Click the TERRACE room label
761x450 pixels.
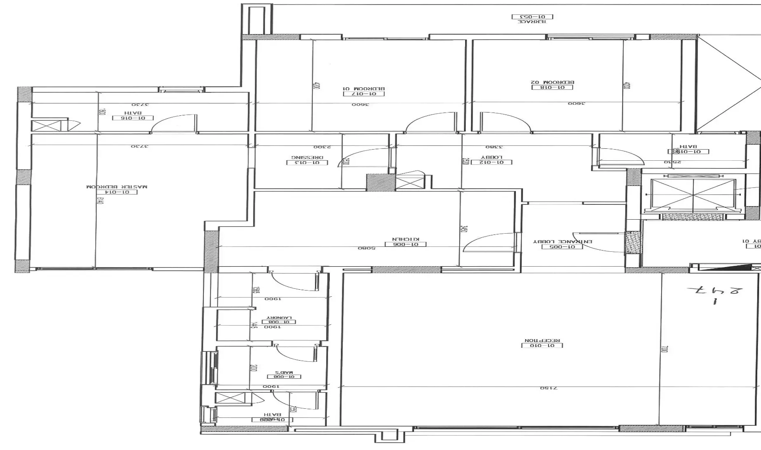point(532,21)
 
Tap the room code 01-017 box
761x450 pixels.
point(364,94)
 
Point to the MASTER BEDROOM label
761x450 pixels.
point(117,187)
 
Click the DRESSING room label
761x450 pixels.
point(307,157)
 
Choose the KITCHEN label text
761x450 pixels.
point(405,239)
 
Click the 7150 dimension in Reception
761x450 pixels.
point(548,388)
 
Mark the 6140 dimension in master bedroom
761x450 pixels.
point(99,201)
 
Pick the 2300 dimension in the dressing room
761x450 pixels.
point(320,147)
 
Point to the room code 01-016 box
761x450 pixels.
point(133,118)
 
